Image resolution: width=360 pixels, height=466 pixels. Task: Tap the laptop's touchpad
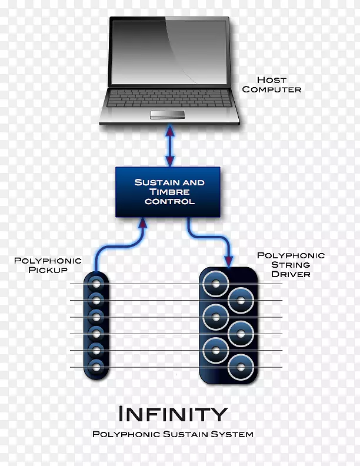(169, 113)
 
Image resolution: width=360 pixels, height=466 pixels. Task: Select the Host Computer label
(271, 85)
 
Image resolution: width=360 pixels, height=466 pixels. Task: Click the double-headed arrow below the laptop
(170, 147)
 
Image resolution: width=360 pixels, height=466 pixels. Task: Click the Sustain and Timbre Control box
(169, 192)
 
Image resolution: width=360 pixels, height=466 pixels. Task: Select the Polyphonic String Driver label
(291, 264)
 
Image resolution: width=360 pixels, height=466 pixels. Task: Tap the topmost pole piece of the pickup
(96, 284)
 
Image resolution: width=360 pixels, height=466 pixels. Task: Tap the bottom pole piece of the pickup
(96, 368)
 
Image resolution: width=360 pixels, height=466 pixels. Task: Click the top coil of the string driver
(216, 285)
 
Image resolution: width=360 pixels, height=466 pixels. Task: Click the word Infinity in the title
(172, 414)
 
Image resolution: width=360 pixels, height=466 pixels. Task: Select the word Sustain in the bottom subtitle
(179, 434)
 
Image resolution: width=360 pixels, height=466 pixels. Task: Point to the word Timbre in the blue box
(169, 192)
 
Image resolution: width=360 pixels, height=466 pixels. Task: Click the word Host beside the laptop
(271, 80)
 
